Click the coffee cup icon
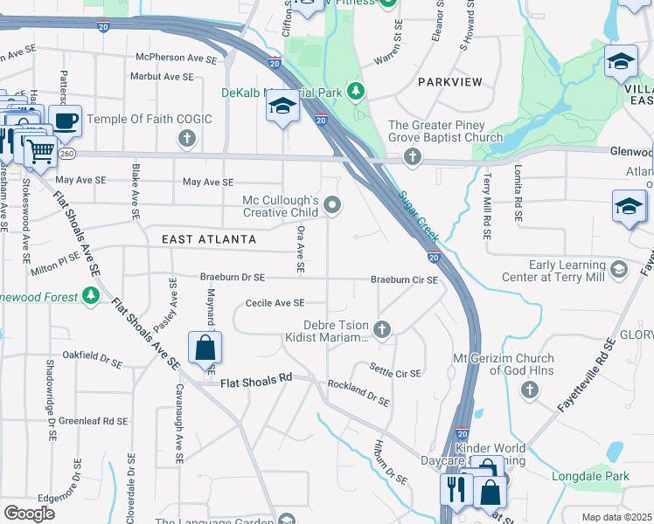[65, 120]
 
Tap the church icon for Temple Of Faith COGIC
[186, 138]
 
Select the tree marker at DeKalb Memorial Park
[356, 91]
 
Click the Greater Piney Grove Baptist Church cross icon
[413, 157]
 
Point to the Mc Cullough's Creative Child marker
[332, 205]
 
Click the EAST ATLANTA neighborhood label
[209, 239]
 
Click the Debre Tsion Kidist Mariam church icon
[381, 329]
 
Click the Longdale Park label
[590, 477]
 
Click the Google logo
[29, 514]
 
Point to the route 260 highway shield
[67, 153]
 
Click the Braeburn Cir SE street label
[403, 279]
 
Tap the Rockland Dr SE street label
[358, 393]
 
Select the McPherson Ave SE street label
[175, 58]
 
